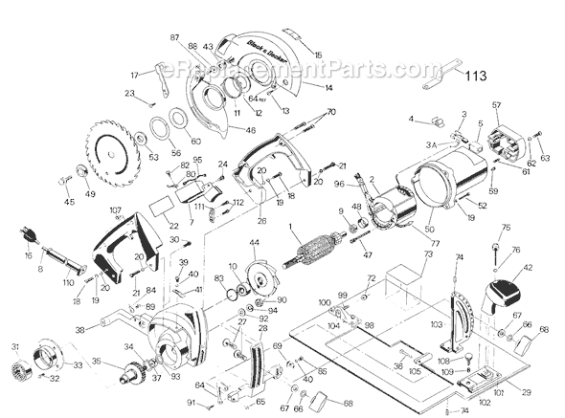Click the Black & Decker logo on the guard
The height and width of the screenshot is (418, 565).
coord(245,47)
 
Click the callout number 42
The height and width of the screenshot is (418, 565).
coord(527,271)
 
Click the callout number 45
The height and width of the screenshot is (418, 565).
coord(68,202)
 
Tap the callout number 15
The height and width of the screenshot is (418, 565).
coord(318,55)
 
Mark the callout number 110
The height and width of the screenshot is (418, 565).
coord(68,283)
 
